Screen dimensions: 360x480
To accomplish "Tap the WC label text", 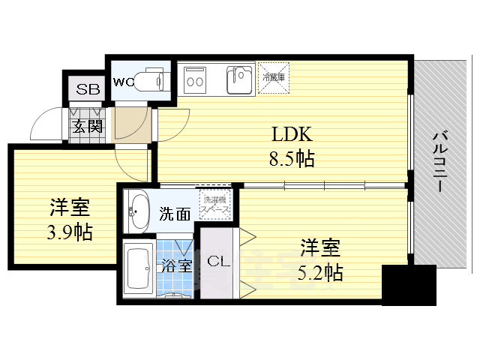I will (x=123, y=82).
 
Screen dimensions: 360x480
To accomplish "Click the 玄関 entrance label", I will (x=88, y=125).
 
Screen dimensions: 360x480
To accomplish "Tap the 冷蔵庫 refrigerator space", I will (x=272, y=77).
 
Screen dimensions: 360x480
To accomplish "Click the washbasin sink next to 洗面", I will (x=139, y=211).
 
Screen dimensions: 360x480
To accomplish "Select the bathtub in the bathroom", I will (x=139, y=271).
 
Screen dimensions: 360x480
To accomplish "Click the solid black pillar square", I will (x=409, y=286).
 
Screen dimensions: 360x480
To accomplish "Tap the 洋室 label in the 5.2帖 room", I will (x=320, y=247).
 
